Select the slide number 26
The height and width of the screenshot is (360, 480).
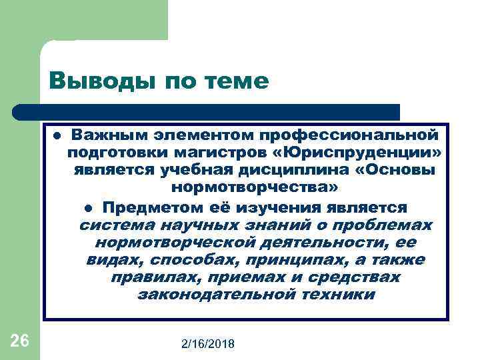coord(20,341)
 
